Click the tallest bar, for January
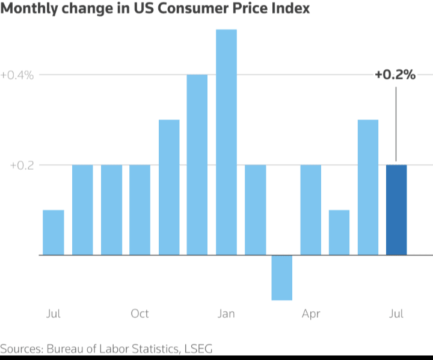pyautogui.click(x=226, y=142)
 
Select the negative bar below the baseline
pyautogui.click(x=281, y=277)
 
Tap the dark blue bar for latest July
pyautogui.click(x=396, y=209)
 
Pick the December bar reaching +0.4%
pyautogui.click(x=197, y=164)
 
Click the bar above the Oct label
pyautogui.click(x=140, y=209)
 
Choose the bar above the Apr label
pyautogui.click(x=311, y=209)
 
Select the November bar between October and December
pyautogui.click(x=169, y=187)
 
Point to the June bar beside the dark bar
pyautogui.click(x=368, y=187)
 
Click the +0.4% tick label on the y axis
pyautogui.click(x=17, y=75)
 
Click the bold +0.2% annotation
pyautogui.click(x=395, y=75)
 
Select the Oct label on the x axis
pyautogui.click(x=140, y=314)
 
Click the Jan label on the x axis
pyautogui.click(x=226, y=314)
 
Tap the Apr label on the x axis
pyautogui.click(x=311, y=314)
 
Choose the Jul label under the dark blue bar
pyautogui.click(x=396, y=314)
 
